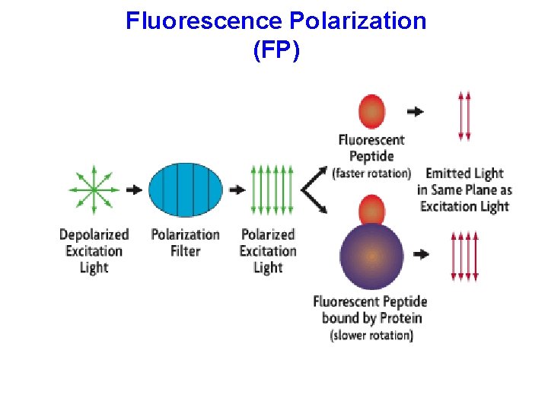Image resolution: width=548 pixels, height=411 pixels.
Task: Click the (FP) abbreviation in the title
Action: [276, 51]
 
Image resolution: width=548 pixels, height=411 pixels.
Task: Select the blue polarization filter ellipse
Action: [185, 190]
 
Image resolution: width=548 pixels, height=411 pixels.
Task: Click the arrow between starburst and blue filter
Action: [133, 190]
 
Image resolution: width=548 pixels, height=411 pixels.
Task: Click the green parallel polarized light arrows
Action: [271, 190]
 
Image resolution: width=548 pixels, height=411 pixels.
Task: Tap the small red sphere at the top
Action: [371, 111]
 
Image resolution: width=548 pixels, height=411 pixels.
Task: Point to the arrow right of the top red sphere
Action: [416, 111]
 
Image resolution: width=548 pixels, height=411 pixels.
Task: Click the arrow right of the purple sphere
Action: [420, 255]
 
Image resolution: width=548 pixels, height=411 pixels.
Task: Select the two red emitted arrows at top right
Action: [464, 116]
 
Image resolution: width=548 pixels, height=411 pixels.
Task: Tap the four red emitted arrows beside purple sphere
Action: [465, 257]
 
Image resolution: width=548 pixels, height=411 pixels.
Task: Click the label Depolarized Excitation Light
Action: [94, 251]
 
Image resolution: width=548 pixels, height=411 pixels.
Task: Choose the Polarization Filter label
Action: [185, 243]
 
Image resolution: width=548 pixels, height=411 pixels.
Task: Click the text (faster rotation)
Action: [371, 174]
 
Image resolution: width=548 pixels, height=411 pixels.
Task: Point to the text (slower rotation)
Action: [371, 336]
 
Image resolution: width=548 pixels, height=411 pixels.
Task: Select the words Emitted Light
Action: [464, 174]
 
